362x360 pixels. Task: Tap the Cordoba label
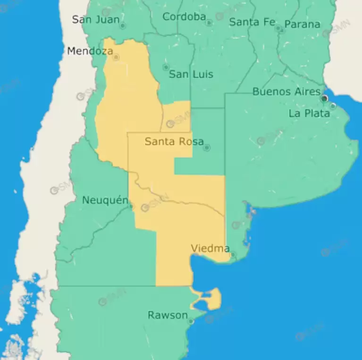[x=184, y=17]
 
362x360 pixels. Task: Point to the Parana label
[x=302, y=24]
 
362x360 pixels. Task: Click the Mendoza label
[x=90, y=51]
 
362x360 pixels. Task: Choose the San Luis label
[x=191, y=74]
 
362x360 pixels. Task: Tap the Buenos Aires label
[x=286, y=92]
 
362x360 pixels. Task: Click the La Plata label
[x=309, y=113]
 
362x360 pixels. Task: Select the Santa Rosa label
[x=174, y=141]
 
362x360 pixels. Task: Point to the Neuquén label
[x=105, y=200]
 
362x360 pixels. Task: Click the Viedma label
[x=210, y=248]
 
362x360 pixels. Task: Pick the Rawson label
[x=168, y=315]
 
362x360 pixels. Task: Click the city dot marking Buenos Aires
[x=325, y=98]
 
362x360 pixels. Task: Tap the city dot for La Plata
[x=333, y=106]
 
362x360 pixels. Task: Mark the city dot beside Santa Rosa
[x=207, y=148]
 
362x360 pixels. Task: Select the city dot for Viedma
[x=233, y=255]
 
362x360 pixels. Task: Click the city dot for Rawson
[x=191, y=321]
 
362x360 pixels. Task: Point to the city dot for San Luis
[x=166, y=67]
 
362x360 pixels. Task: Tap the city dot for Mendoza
[x=116, y=58]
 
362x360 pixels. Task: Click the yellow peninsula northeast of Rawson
[x=213, y=299]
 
